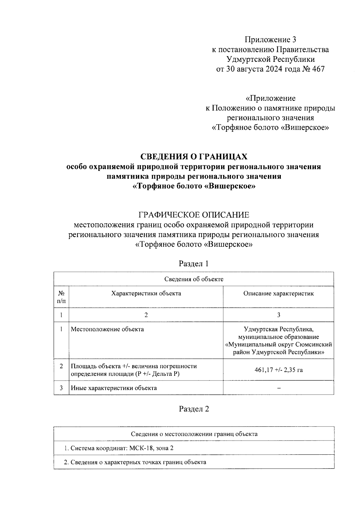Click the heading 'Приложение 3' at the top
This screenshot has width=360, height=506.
click(x=270, y=40)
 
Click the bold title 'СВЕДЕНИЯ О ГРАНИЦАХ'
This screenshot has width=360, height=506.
click(x=194, y=157)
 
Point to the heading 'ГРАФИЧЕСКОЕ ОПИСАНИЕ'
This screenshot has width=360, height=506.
click(x=194, y=215)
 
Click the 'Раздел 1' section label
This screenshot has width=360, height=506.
click(x=194, y=264)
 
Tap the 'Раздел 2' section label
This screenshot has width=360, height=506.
click(x=194, y=409)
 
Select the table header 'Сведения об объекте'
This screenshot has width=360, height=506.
click(x=194, y=279)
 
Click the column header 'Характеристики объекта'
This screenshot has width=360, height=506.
click(x=146, y=294)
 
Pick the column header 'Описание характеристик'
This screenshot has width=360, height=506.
click(x=278, y=294)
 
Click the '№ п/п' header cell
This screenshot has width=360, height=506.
click(x=61, y=297)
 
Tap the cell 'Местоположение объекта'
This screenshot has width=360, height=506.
click(x=107, y=329)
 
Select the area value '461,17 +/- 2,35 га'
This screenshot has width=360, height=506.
click(x=278, y=370)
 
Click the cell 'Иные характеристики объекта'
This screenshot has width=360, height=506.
click(x=114, y=388)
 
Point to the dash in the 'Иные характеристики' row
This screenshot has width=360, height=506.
click(x=279, y=388)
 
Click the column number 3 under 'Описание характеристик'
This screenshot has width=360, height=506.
click(x=279, y=315)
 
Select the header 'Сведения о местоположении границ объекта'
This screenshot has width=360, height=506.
click(x=194, y=434)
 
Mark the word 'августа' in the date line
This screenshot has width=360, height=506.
click(x=248, y=69)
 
